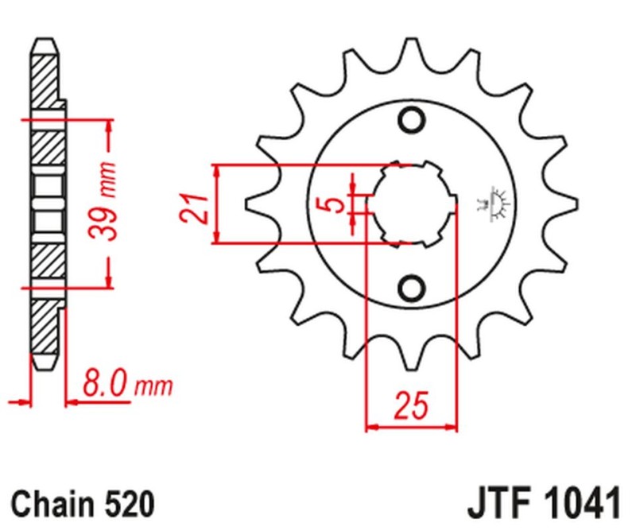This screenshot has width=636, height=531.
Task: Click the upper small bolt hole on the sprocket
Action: pyautogui.click(x=412, y=120)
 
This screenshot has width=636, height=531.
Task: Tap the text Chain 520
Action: pyautogui.click(x=82, y=503)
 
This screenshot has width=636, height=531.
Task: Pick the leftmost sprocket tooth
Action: pyautogui.click(x=256, y=204)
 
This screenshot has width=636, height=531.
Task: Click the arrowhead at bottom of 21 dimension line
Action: pyautogui.click(x=215, y=238)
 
